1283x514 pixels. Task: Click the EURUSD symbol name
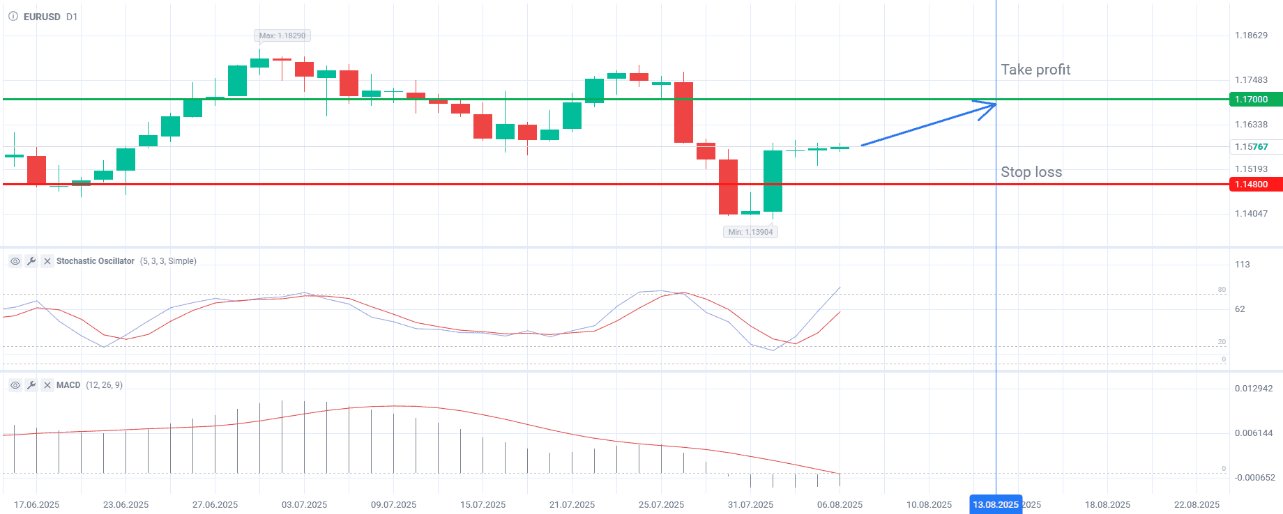(42, 17)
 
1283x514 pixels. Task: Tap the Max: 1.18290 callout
(282, 36)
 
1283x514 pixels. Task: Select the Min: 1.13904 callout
(750, 232)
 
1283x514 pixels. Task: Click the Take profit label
(1035, 70)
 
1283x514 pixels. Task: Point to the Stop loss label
(1031, 172)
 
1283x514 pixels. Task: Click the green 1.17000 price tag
(1254, 100)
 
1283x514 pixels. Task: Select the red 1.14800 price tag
(1254, 185)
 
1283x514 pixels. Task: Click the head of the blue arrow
(994, 104)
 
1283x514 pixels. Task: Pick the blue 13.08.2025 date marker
(996, 505)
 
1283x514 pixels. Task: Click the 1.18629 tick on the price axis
(1251, 36)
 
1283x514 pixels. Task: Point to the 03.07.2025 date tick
(304, 505)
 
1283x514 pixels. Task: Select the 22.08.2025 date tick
(1197, 505)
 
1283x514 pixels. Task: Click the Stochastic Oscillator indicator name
(96, 261)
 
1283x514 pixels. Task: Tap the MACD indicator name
(68, 385)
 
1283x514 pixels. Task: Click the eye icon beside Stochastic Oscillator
(15, 261)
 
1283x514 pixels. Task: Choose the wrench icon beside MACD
(31, 385)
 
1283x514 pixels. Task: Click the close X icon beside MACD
(47, 385)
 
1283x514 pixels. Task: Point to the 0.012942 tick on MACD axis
(1253, 389)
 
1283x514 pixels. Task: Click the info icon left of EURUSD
(13, 17)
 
